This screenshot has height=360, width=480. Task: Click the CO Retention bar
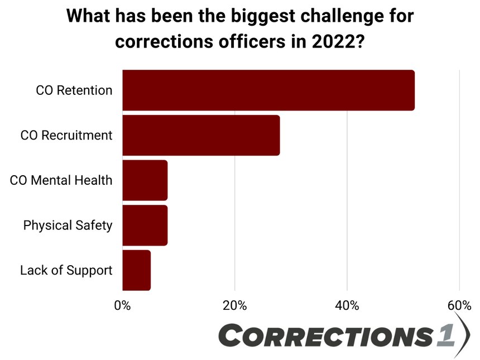coord(268,90)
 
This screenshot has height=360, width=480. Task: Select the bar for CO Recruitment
coord(200,135)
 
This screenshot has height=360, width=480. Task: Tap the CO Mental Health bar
coord(145,180)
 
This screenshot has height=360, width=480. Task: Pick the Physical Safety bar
coord(145,225)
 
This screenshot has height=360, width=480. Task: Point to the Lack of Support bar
coord(136,270)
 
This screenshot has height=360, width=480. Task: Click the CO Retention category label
coord(74,90)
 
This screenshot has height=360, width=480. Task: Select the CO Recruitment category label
coord(66,135)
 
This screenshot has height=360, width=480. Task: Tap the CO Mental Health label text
coord(61,180)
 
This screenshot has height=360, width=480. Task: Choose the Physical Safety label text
coord(68,225)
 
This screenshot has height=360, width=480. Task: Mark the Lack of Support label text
coord(66,270)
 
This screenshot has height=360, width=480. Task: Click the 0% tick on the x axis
coord(122,305)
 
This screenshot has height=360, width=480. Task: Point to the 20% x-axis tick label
coord(235,305)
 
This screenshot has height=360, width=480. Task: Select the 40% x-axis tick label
coord(347,305)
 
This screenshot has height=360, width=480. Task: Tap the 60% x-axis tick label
coord(459,305)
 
